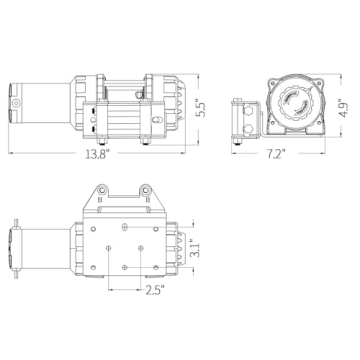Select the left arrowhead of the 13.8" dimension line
pyautogui.click(x=14, y=152)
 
